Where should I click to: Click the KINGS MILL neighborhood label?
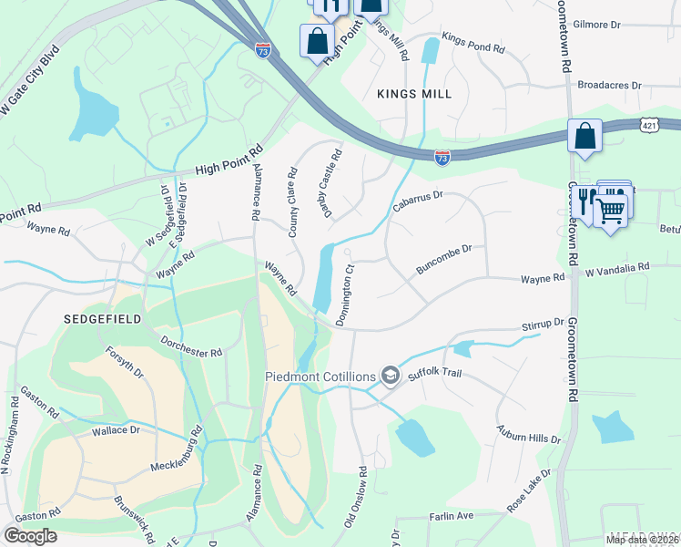click(x=414, y=94)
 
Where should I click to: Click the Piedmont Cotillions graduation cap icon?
click(x=391, y=376)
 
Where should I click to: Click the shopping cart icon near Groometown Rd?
click(x=611, y=210)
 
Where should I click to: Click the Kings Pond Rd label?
click(x=473, y=42)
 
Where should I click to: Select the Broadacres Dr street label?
click(x=609, y=85)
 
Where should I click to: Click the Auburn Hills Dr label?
click(x=528, y=433)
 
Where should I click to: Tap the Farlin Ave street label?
click(x=452, y=516)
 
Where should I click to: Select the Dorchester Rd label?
click(x=192, y=347)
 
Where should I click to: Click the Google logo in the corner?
click(x=30, y=536)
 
